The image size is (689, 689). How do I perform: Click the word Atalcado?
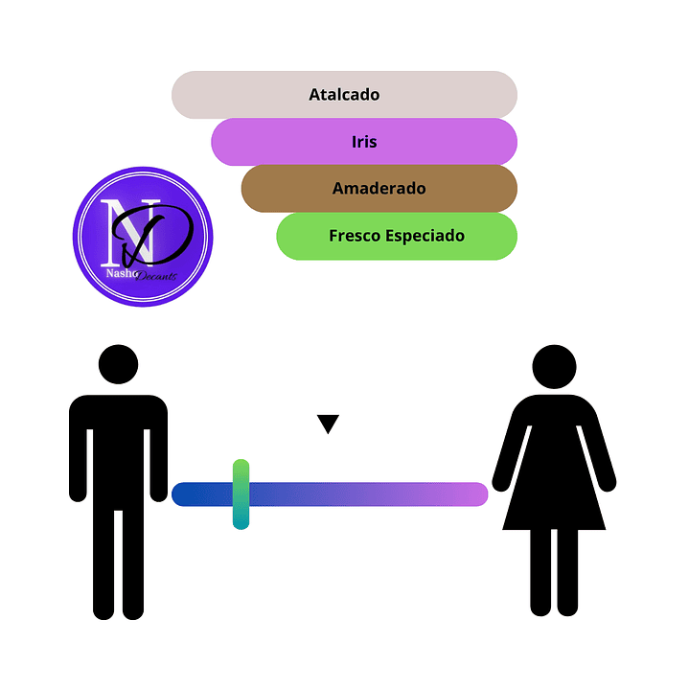(x=344, y=95)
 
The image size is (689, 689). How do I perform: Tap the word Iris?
(x=364, y=142)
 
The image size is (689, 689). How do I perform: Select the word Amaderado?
(x=379, y=189)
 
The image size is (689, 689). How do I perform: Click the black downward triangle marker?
(x=329, y=424)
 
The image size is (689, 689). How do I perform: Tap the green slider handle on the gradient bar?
(x=241, y=494)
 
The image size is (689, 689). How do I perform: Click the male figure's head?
(x=119, y=365)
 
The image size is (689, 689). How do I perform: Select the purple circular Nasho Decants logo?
(x=143, y=237)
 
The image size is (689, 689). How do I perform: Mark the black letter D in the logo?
(x=158, y=235)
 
